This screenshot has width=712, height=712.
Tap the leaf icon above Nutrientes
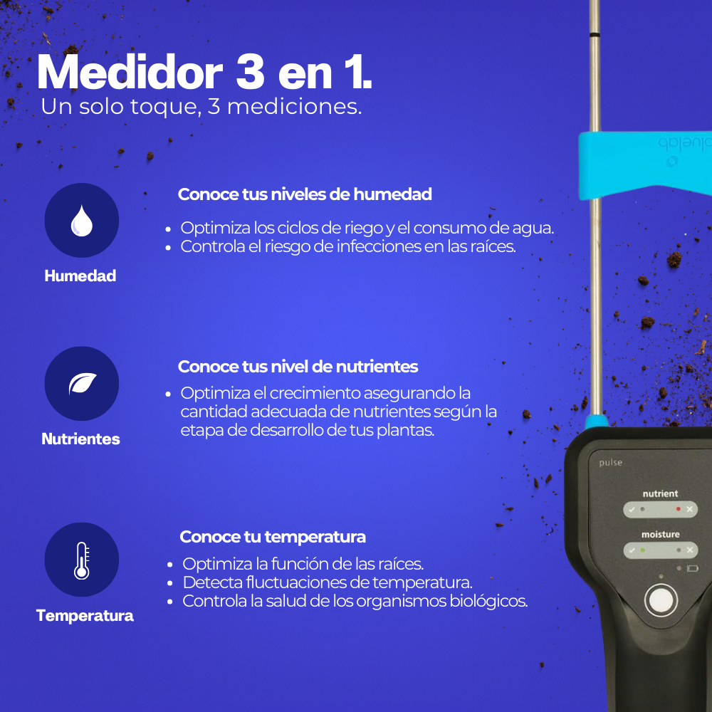coord(82,384)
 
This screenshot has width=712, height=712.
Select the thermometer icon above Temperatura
coord(82,560)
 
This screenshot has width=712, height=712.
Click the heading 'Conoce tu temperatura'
coord(273,537)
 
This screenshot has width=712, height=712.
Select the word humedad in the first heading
coord(392,194)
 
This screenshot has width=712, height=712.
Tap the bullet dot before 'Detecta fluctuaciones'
coord(170,583)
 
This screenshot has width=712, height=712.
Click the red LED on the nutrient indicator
coord(679,509)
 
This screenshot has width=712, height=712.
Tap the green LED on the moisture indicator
coord(642,550)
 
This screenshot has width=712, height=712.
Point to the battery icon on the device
coord(693,568)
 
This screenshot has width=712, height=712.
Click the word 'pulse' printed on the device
coord(610,463)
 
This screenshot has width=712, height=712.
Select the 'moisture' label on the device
coord(660,535)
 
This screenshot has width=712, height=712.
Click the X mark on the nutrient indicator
coord(690,509)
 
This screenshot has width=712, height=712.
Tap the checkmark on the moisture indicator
coord(632,550)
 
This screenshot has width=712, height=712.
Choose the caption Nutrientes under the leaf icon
coord(81,439)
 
